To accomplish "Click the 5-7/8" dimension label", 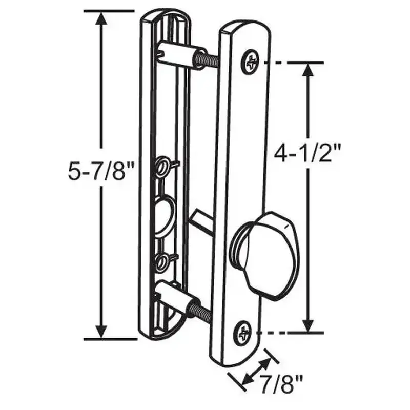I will pyautogui.click(x=100, y=172).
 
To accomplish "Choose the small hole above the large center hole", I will pyautogui.click(x=163, y=167).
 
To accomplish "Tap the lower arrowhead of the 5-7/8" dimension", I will pyautogui.click(x=101, y=330).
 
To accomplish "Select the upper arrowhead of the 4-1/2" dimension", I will pyautogui.click(x=308, y=71).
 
